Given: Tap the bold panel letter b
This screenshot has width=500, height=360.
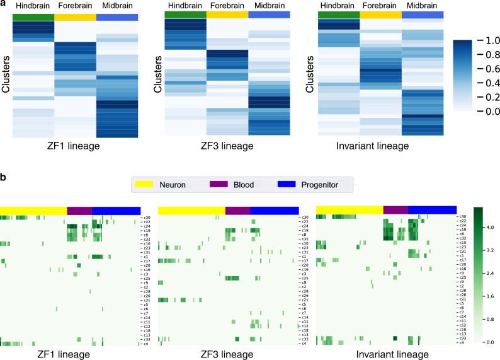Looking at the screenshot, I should [4, 177].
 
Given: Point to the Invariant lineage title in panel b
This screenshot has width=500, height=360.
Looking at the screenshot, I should [385, 354].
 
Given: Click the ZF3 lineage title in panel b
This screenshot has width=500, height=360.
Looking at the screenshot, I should [227, 354].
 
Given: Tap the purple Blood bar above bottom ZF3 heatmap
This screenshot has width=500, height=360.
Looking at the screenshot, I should [237, 210].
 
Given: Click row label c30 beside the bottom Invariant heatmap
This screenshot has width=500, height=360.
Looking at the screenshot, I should [463, 217].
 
